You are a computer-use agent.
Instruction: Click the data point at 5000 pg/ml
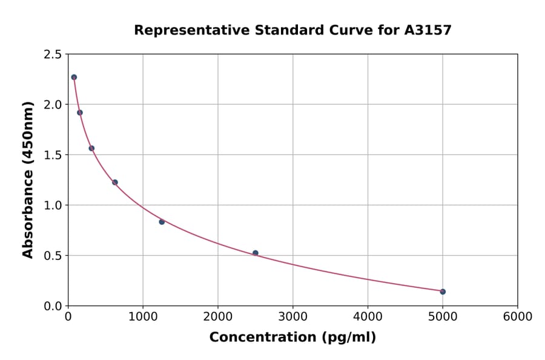point(443,292)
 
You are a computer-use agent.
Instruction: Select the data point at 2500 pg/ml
point(256,253)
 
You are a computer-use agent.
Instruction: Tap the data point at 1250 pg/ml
point(162,222)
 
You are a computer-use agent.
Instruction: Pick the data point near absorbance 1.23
point(115,182)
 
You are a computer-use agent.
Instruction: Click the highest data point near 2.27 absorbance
point(74,77)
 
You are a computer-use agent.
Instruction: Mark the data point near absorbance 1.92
point(80,112)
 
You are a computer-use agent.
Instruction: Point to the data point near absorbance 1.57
point(91,148)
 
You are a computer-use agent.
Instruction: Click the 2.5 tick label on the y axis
point(53,55)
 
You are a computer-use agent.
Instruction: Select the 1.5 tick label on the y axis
point(53,155)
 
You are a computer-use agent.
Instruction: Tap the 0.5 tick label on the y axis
point(53,256)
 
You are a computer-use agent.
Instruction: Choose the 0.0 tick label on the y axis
point(53,306)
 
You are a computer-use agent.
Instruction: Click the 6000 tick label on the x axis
point(517,317)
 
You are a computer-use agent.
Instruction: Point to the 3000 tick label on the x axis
point(292,317)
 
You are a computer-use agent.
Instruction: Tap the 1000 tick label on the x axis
point(143,317)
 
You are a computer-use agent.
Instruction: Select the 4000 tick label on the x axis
point(368,317)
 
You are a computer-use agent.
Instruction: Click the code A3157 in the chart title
point(428,30)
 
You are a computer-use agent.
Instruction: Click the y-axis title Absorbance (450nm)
point(28,180)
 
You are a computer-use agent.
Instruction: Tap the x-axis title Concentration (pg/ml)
point(292,338)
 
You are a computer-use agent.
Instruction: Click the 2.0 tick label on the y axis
point(53,105)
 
